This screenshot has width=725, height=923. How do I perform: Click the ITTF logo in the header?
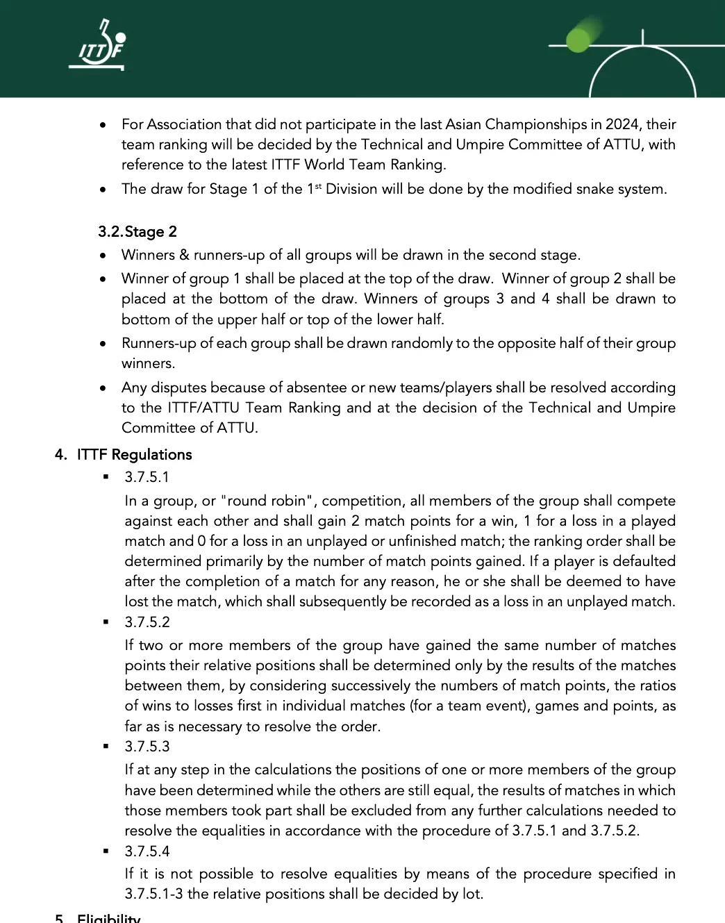pyautogui.click(x=98, y=46)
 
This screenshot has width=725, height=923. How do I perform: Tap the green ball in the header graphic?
pyautogui.click(x=578, y=40)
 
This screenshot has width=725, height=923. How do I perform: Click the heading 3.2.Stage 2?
pyautogui.click(x=137, y=231)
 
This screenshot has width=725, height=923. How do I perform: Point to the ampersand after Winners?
pyautogui.click(x=184, y=255)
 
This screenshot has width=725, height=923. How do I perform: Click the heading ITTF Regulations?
pyautogui.click(x=134, y=455)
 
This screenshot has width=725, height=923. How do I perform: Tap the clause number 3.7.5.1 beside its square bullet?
pyautogui.click(x=147, y=477)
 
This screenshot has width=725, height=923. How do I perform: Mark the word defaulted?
pyautogui.click(x=639, y=561)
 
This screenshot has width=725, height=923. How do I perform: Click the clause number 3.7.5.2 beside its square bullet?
pyautogui.click(x=147, y=622)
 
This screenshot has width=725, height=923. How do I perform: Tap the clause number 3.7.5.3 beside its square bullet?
pyautogui.click(x=147, y=747)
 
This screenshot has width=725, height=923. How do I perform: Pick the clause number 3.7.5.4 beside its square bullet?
pyautogui.click(x=147, y=851)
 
